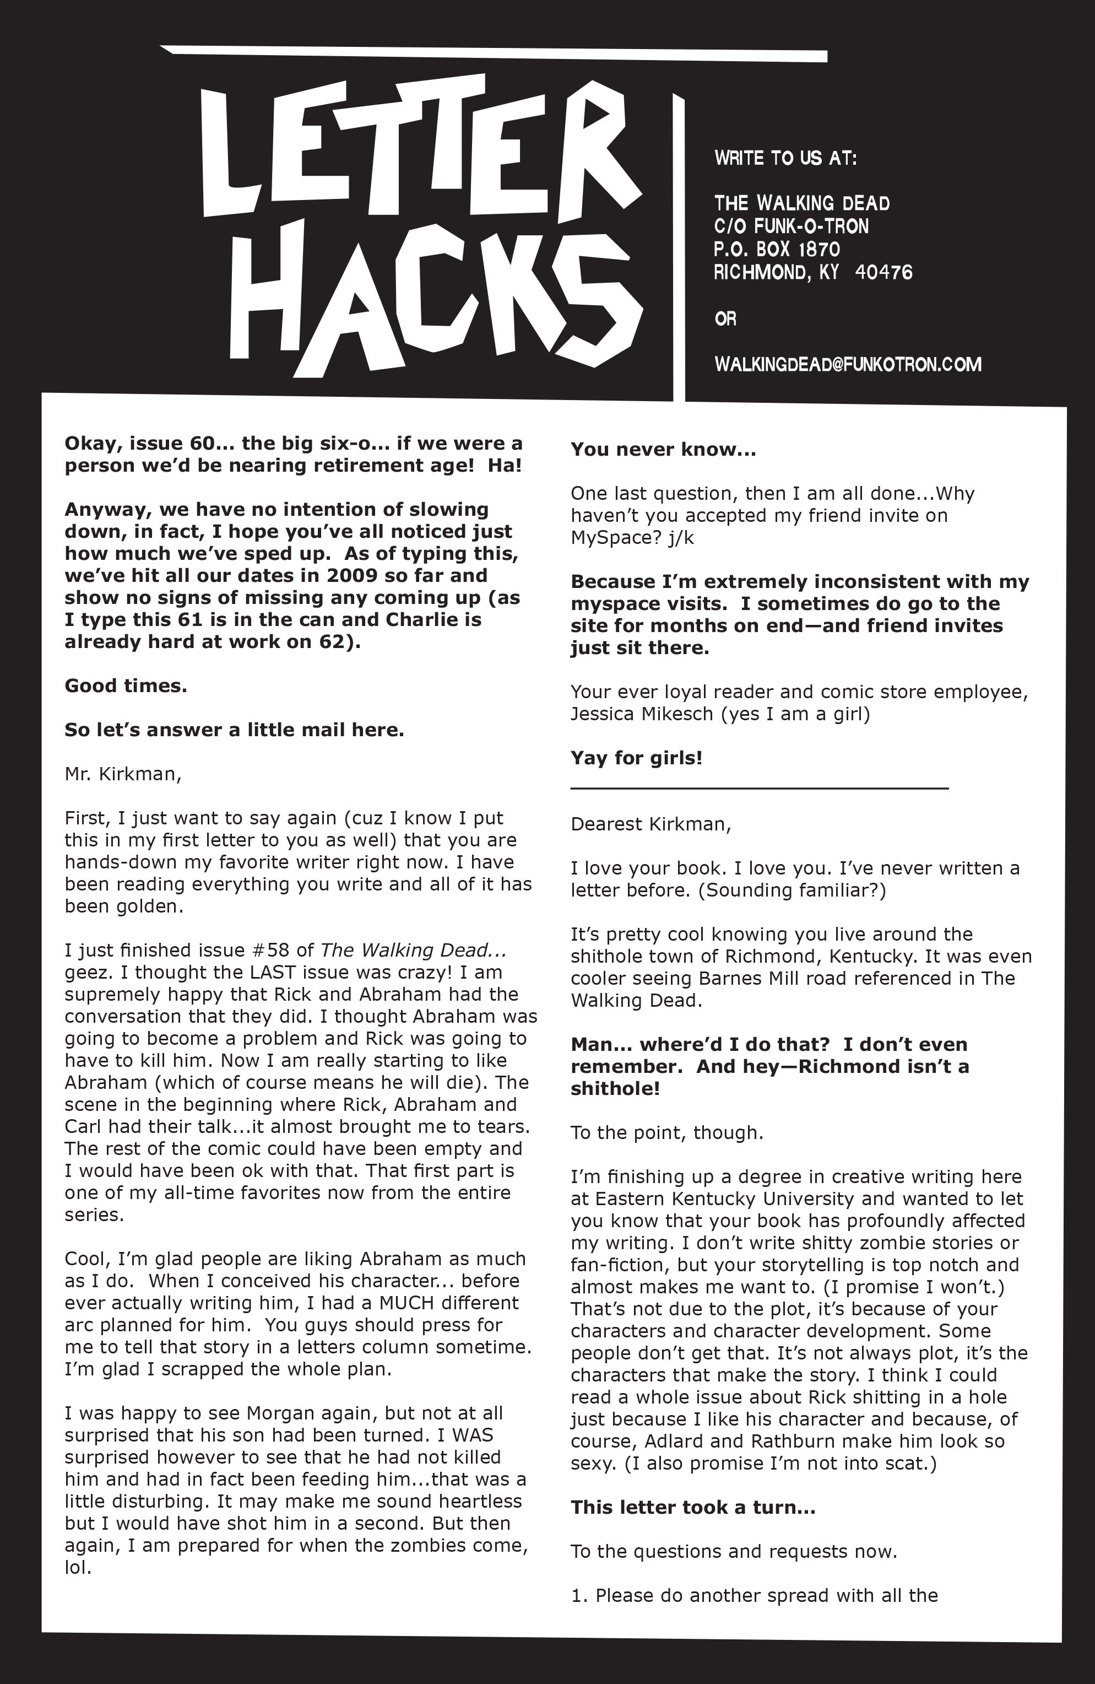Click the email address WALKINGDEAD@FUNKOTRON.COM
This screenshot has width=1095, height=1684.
848,364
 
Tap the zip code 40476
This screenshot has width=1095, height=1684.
883,272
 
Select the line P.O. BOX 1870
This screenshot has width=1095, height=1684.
777,249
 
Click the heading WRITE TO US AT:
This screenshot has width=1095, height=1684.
785,158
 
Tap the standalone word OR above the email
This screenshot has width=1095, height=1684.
725,319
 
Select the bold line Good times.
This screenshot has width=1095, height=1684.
126,686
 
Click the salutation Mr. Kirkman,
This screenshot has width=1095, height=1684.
123,774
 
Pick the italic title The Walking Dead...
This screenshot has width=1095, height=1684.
413,950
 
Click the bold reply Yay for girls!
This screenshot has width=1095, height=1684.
637,758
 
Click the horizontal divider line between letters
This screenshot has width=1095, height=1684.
759,787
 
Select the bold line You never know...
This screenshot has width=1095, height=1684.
663,450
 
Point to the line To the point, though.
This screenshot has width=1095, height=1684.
666,1133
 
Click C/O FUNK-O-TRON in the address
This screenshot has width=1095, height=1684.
791,226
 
